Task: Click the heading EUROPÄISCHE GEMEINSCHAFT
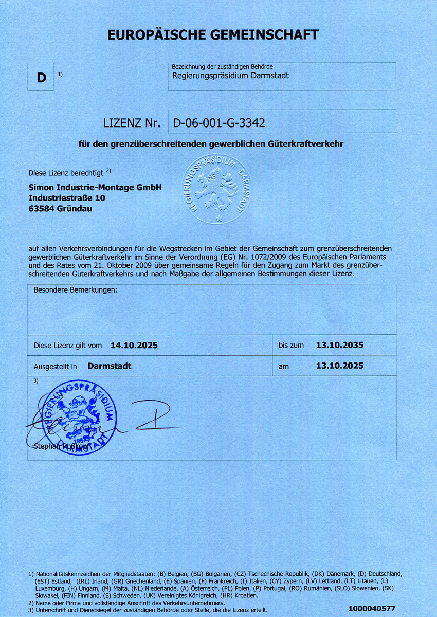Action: point(213,35)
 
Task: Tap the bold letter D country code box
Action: point(41,78)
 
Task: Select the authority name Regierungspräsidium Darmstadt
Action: point(230,76)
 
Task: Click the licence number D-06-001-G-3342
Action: point(219,123)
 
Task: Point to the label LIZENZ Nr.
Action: point(132,123)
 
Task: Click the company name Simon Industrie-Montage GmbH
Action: point(95,188)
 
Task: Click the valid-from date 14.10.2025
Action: point(134,346)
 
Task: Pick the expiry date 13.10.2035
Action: point(339,345)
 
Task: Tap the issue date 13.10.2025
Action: point(339,366)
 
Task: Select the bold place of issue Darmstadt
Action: point(110,366)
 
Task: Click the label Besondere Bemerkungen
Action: point(76,290)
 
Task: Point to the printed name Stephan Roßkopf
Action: point(62,446)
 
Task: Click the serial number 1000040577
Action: point(372,609)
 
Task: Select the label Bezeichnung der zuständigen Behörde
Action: point(223,67)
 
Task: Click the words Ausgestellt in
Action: point(56,367)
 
